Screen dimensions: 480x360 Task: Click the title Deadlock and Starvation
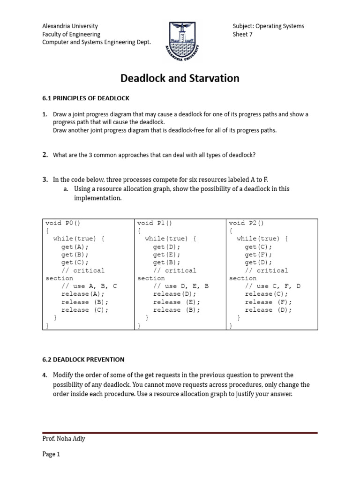(x=180, y=78)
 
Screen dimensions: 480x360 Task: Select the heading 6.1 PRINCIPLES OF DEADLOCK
(x=86, y=98)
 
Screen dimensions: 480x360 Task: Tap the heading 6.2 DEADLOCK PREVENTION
(x=83, y=360)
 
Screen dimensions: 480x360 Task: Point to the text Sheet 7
(x=242, y=34)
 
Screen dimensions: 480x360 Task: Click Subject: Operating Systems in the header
(x=268, y=26)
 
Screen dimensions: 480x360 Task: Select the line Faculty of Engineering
(x=71, y=34)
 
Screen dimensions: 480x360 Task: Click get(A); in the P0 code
(x=75, y=247)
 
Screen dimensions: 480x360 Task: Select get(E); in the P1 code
(x=166, y=255)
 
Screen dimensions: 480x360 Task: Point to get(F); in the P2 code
(x=258, y=255)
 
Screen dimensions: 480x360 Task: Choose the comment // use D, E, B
(x=181, y=286)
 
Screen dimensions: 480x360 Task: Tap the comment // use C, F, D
(x=273, y=286)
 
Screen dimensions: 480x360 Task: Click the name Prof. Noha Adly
(x=63, y=438)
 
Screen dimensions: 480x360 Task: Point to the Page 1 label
(x=52, y=454)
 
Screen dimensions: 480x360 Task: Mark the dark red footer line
(x=180, y=433)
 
